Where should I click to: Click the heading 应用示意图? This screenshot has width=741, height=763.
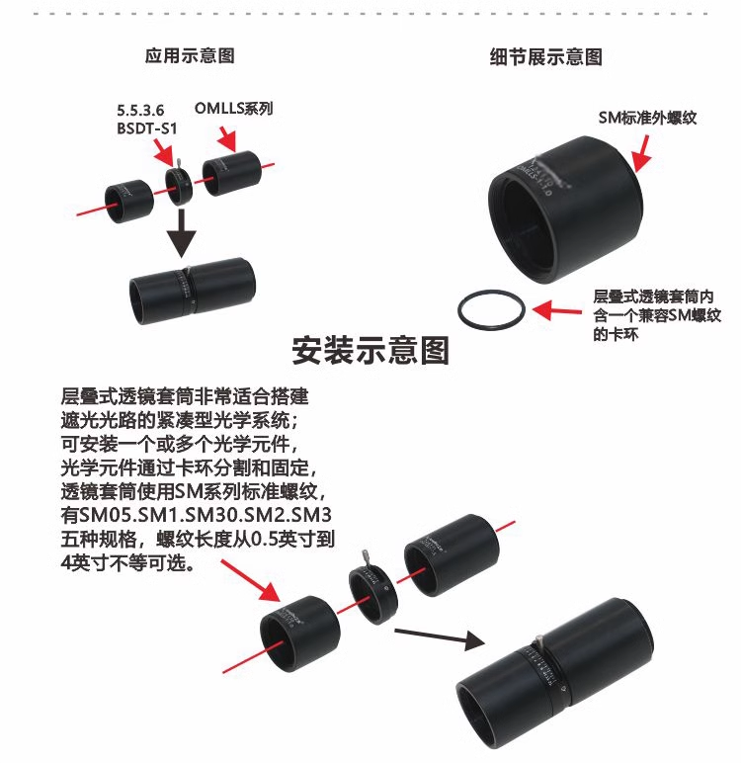click(x=190, y=55)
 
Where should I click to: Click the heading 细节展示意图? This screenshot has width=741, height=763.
click(x=546, y=57)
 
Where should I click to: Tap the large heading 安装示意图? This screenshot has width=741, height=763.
click(x=370, y=350)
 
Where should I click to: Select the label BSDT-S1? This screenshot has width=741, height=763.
click(x=146, y=128)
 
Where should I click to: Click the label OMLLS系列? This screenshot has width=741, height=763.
click(x=233, y=108)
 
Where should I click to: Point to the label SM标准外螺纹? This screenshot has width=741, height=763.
click(x=647, y=118)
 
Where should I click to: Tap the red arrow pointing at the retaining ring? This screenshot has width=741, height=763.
click(x=557, y=310)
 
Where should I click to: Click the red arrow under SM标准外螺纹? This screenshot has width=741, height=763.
click(x=642, y=153)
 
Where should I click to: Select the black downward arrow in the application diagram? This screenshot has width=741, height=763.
click(x=182, y=233)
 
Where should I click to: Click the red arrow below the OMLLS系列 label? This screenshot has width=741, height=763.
click(x=227, y=138)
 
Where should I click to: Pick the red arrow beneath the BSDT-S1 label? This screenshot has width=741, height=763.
click(x=163, y=151)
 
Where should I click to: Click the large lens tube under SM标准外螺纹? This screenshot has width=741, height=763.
click(x=566, y=210)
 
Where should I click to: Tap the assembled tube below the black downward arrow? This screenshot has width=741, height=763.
click(x=193, y=290)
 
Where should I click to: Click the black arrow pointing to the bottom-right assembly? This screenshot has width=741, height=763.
click(x=440, y=637)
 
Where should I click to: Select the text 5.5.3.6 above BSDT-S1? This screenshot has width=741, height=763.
click(x=140, y=111)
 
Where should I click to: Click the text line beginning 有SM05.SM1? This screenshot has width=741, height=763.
click(x=197, y=515)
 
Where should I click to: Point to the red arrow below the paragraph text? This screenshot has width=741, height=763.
click(x=251, y=580)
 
